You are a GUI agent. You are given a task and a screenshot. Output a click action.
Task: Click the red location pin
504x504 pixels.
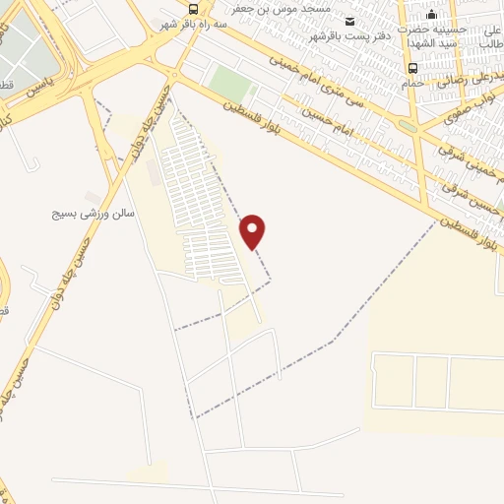click(253, 231)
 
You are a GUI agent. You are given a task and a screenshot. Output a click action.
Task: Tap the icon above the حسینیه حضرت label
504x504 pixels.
click(430, 14)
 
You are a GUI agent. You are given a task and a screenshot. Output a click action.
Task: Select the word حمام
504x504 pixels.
click(412, 83)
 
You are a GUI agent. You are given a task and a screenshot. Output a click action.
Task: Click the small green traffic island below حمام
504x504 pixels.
click(406, 126)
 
